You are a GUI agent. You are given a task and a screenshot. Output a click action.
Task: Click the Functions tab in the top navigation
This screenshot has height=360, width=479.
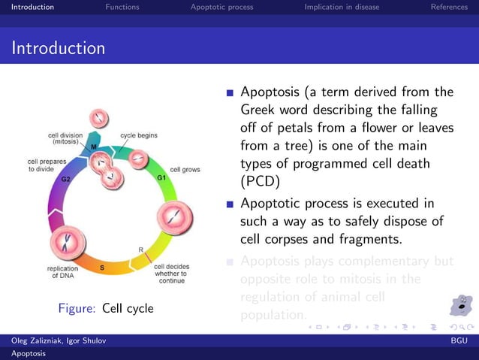tap(122, 7)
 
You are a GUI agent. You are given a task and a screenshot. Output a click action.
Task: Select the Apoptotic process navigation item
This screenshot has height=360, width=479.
tap(221, 7)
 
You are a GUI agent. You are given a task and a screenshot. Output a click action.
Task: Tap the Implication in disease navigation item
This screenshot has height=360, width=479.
tap(342, 7)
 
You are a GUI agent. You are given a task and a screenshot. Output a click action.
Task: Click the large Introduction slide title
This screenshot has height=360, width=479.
tap(58, 49)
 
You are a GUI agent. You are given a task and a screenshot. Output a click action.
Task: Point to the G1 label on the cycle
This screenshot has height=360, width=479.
tap(161, 177)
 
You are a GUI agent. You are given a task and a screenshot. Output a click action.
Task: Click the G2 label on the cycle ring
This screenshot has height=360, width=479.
tap(66, 180)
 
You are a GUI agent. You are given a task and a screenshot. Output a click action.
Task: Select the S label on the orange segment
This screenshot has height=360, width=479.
tap(102, 267)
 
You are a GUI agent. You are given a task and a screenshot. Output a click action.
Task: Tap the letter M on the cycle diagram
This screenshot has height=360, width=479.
tap(93, 147)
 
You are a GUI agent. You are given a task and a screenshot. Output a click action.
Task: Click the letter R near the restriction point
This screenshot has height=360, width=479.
tap(140, 249)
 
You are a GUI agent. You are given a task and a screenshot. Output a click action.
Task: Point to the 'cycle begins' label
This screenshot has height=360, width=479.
tap(139, 135)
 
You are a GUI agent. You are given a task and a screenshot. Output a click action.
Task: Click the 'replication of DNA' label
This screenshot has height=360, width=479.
tap(64, 271)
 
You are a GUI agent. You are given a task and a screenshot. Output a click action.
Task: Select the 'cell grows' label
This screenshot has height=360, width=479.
tap(185, 170)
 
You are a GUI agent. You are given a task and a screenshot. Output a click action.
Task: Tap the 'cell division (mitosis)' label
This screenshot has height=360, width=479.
tap(65, 139)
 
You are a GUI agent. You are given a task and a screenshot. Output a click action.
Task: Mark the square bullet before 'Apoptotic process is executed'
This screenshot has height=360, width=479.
tap(230, 204)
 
